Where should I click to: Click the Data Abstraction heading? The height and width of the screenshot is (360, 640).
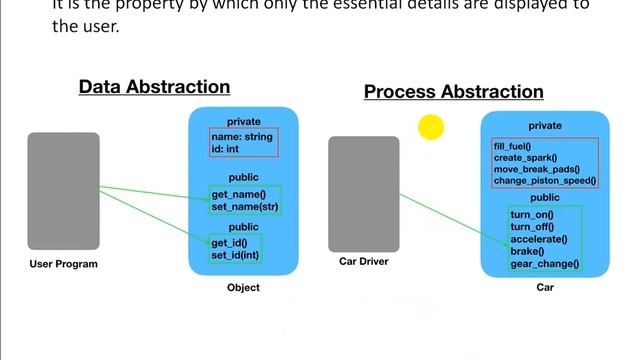click(x=154, y=88)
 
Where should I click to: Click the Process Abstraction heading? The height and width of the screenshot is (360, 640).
click(x=453, y=92)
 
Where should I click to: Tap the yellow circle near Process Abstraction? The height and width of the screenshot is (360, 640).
click(x=431, y=127)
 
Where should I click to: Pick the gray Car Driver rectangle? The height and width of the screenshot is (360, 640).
click(x=364, y=194)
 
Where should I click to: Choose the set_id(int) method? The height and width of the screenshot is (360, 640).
click(x=236, y=256)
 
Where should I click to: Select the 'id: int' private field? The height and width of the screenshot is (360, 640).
click(x=227, y=149)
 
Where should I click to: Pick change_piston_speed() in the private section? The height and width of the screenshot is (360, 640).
click(x=544, y=181)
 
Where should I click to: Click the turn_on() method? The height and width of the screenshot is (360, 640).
click(x=531, y=215)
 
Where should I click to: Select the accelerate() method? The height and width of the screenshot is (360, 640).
click(x=538, y=239)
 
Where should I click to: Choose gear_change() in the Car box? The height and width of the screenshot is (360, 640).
click(x=544, y=264)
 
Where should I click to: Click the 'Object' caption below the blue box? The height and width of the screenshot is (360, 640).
click(x=243, y=288)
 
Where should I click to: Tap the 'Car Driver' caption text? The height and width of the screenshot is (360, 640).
click(x=364, y=262)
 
